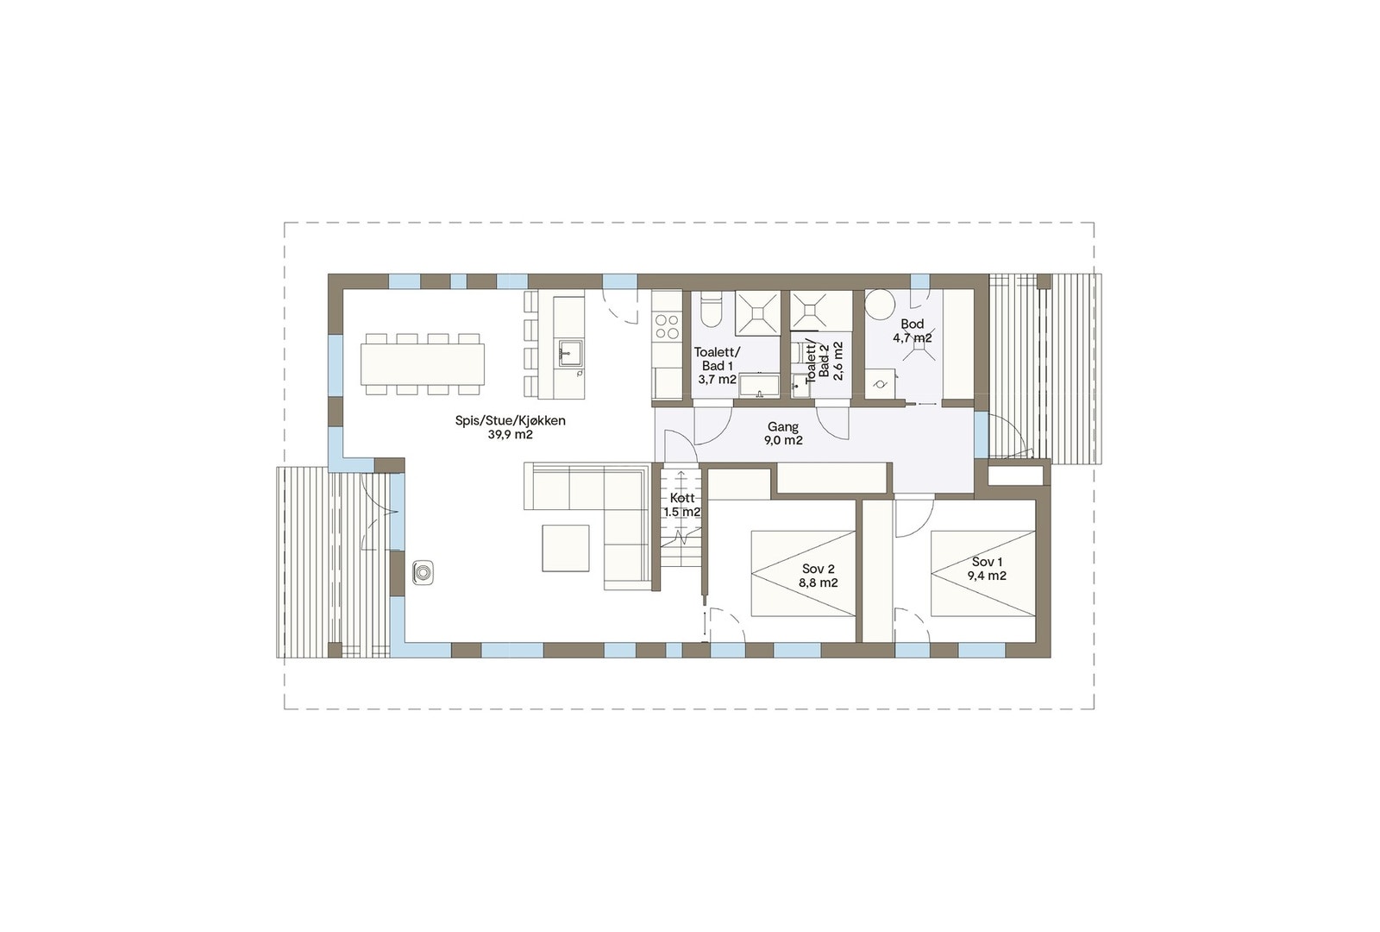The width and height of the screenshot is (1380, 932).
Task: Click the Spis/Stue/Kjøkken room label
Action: click(x=510, y=420)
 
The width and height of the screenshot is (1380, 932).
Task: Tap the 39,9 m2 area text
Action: click(x=510, y=435)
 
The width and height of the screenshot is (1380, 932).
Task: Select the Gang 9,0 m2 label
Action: click(x=782, y=433)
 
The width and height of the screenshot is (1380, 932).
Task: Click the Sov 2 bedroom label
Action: click(x=819, y=569)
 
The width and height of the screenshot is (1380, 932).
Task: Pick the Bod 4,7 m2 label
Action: click(x=912, y=331)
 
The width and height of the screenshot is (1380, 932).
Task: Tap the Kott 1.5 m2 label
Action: click(x=681, y=505)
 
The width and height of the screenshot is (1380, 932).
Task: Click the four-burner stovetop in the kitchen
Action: click(x=667, y=325)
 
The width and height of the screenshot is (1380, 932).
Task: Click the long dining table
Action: click(x=422, y=364)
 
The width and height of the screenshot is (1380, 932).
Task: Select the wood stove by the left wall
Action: click(x=423, y=572)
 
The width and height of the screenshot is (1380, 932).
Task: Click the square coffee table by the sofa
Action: click(x=566, y=548)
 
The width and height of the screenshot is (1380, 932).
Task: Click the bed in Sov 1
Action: click(x=982, y=573)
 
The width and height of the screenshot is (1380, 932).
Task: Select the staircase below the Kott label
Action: click(x=681, y=544)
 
